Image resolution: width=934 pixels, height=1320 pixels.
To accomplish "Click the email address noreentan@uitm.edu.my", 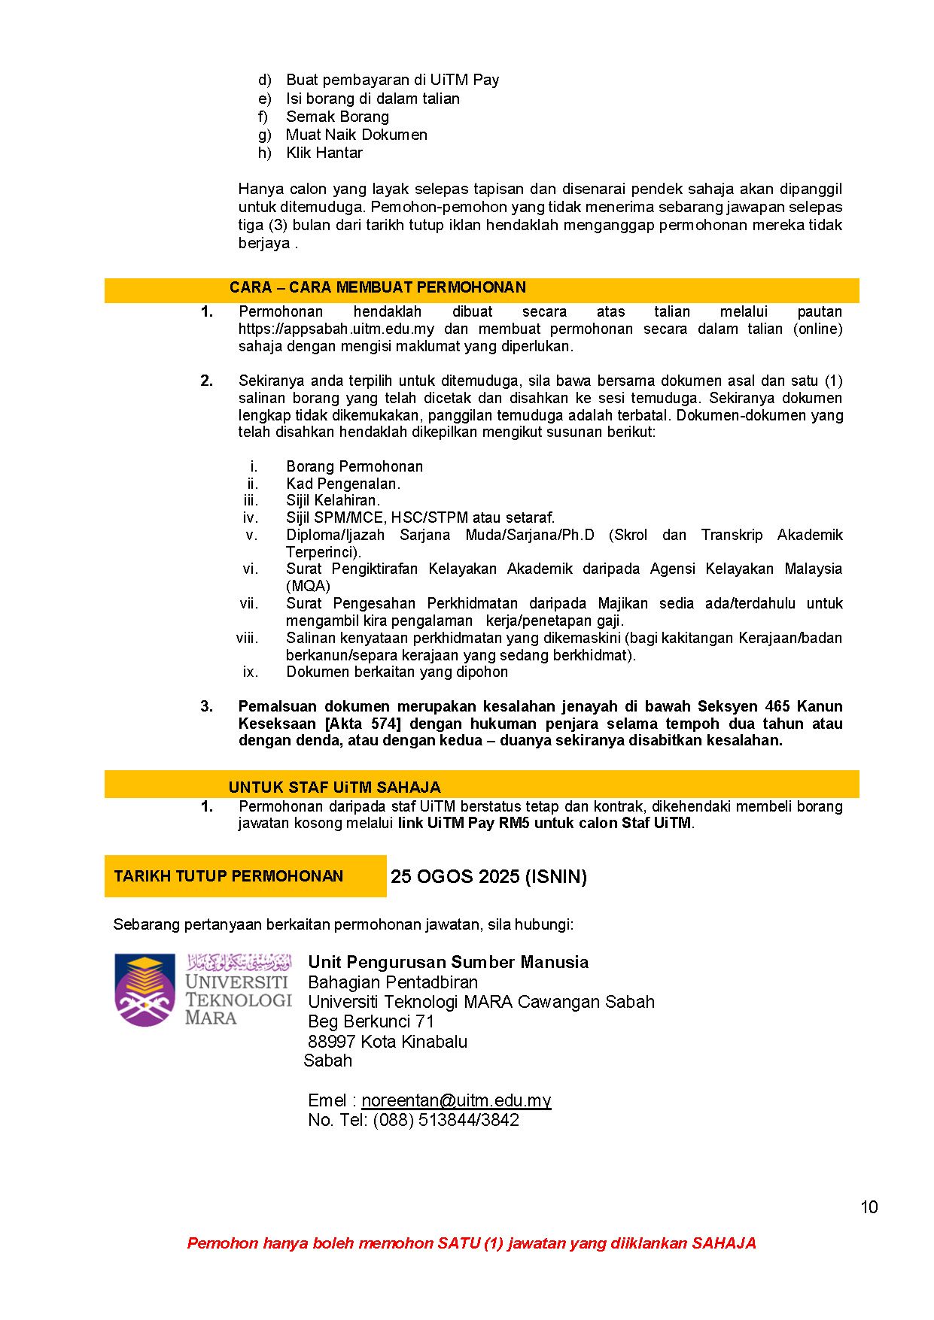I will (456, 1100).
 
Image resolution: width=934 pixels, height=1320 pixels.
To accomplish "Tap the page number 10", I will (869, 1207).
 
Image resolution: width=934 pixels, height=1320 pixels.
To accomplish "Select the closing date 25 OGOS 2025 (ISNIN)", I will (488, 876).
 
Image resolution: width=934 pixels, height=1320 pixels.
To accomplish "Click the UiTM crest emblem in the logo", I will (145, 990).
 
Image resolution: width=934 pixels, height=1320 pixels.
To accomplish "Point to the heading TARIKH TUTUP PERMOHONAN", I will (229, 876).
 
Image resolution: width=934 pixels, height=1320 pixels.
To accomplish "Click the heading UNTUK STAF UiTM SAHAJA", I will (334, 787).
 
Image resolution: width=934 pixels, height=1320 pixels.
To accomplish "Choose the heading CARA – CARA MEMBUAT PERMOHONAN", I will (377, 287).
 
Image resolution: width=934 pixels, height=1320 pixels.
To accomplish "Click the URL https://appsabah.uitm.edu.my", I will (336, 329).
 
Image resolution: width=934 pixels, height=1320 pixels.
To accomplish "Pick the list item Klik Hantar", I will (324, 153).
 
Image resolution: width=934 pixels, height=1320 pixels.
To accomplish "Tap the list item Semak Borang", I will (337, 117).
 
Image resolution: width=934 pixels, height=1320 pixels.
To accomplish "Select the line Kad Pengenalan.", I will (343, 484).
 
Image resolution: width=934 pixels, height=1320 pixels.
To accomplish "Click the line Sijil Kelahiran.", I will (333, 500).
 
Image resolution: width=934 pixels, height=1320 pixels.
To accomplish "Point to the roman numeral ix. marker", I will (250, 672).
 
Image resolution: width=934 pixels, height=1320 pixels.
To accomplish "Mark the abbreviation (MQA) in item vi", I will (308, 586).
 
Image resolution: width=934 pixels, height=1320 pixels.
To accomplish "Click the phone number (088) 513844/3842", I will (446, 1120).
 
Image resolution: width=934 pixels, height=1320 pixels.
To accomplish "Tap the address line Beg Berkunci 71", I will (371, 1021).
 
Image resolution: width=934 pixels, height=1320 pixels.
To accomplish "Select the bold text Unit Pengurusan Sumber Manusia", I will (448, 962).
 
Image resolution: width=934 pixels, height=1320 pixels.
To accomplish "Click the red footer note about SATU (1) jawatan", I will (471, 1243).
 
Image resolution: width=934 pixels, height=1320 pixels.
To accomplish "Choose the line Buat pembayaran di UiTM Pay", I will (392, 80).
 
